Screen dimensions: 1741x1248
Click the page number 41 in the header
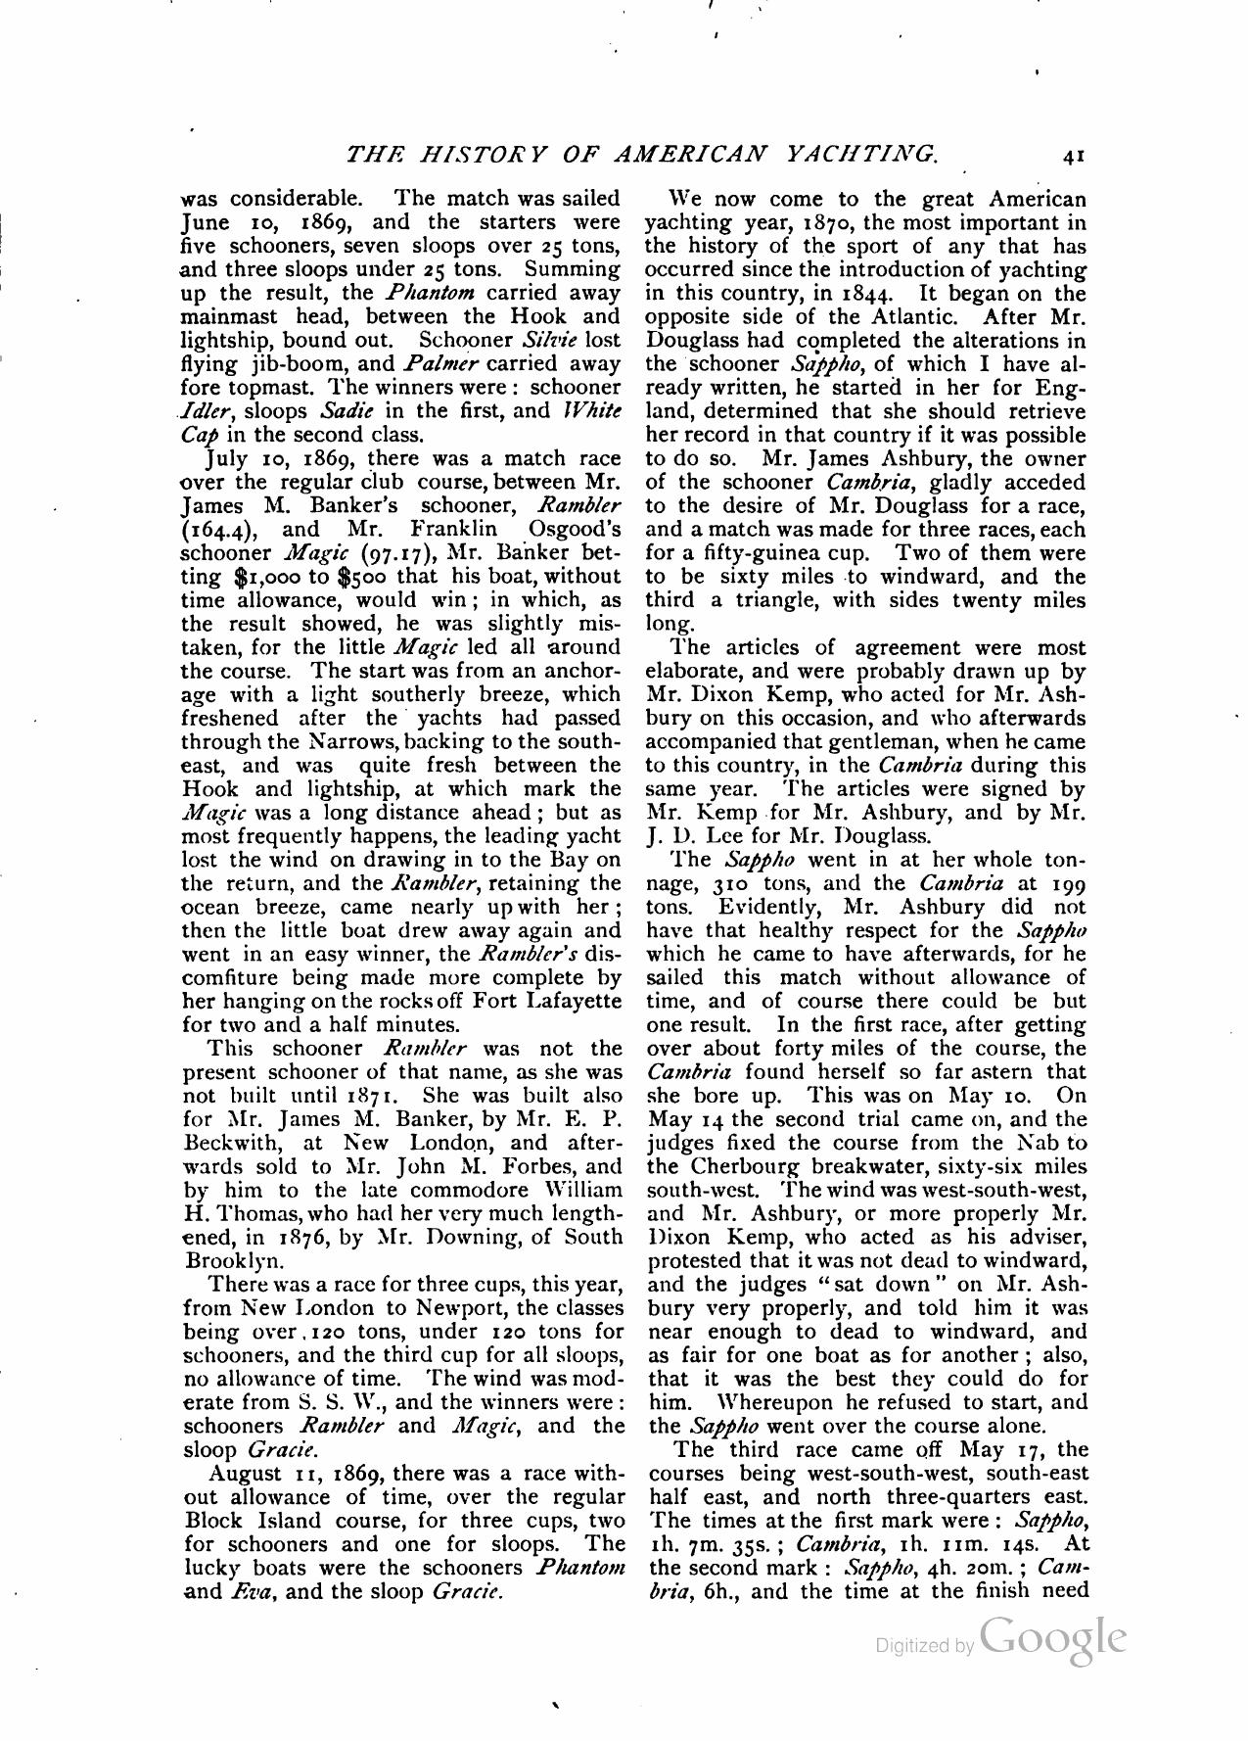coord(1073,154)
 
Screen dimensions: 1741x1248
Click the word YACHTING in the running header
coord(862,154)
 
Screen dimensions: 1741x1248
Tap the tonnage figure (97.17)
coord(401,553)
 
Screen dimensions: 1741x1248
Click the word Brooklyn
coord(227,1260)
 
